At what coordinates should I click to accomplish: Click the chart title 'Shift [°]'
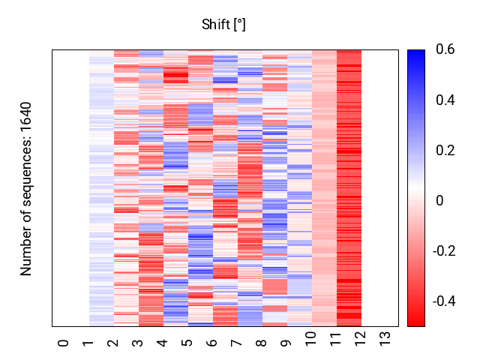coord(223,25)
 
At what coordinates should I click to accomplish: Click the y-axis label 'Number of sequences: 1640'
coord(26,188)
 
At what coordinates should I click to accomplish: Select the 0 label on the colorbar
coord(439,200)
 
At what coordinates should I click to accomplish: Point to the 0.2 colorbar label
coord(444,151)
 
